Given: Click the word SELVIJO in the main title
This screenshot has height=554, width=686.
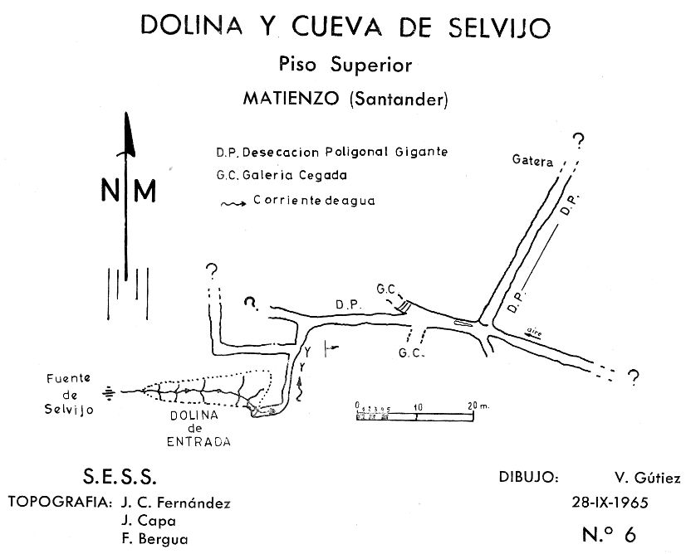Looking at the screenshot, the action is pos(499,27).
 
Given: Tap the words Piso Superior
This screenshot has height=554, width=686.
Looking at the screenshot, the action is pos(345,65).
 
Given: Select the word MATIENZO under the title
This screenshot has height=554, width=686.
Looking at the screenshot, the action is pos(292,99).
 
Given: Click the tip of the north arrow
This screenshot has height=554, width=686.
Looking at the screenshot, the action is pos(126,113).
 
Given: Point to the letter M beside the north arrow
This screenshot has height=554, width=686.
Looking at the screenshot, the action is pos(145,191).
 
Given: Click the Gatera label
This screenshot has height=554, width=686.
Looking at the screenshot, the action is pos(532,161).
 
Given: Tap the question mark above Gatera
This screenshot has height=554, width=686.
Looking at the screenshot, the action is pos(578,141).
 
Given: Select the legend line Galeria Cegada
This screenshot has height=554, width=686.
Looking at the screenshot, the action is pos(282,175).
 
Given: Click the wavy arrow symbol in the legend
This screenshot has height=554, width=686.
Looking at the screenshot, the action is pos(233,204).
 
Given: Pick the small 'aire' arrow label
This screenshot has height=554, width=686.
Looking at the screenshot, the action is pos(533,333).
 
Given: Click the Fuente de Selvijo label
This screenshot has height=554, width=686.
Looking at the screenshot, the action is pos(69,394).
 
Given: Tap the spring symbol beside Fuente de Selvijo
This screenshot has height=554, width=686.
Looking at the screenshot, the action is pos(109,393).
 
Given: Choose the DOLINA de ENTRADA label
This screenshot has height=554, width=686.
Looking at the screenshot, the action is pos(198,428).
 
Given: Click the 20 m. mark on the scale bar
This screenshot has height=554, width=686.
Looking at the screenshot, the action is pos(478,406).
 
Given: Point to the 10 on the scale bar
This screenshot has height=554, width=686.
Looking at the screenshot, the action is pos(418,407).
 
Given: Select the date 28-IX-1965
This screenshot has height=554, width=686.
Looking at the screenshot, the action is pos(610,503).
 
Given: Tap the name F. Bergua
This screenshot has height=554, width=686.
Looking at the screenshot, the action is pos(154,539).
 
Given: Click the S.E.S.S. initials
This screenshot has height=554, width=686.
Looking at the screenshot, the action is pos(120,477).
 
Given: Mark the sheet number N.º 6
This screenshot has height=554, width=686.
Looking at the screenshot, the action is pos(609,533).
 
